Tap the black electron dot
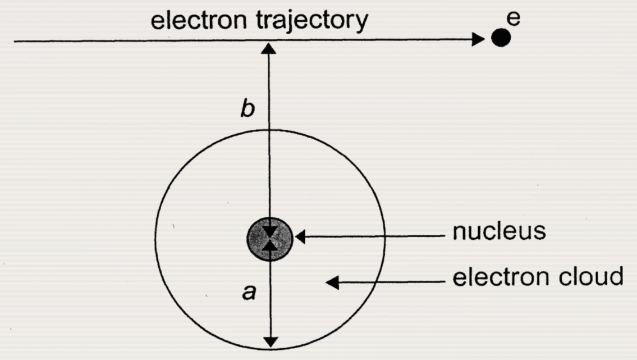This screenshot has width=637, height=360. [501, 38]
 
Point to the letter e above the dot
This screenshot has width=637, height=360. [514, 19]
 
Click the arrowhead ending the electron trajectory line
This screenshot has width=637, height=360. [478, 39]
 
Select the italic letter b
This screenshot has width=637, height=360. [248, 110]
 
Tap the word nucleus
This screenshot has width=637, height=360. [499, 231]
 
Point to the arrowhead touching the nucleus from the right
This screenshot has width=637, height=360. [300, 237]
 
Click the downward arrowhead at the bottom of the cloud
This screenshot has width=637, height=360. [271, 341]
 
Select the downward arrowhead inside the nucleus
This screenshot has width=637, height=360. [271, 231]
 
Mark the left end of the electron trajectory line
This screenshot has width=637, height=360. [15, 40]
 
